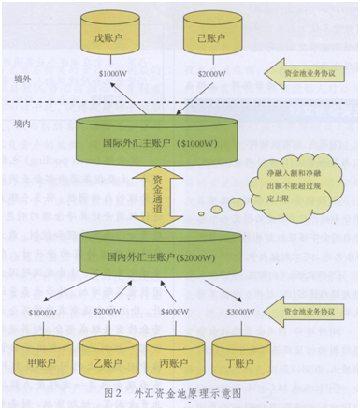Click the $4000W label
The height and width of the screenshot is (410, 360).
tap(175, 311)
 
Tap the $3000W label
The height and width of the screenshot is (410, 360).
tap(241, 311)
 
